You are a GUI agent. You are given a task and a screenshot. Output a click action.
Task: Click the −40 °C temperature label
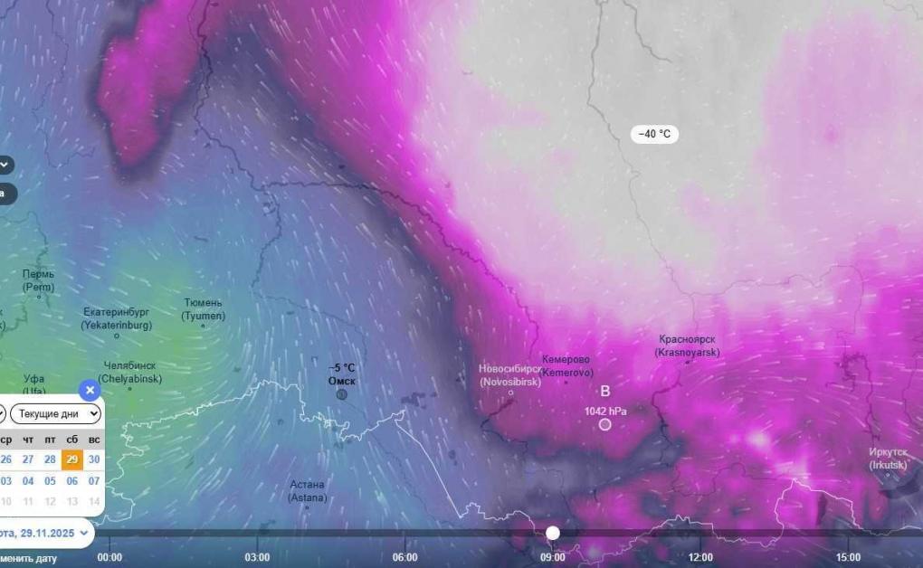click(654, 134)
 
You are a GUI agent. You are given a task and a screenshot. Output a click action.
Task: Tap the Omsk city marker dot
click(341, 394)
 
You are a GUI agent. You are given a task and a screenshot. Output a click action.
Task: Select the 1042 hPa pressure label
click(605, 411)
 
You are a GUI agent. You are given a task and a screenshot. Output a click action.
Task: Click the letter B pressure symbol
click(605, 391)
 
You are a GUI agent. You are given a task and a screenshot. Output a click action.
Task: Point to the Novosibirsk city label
click(510, 374)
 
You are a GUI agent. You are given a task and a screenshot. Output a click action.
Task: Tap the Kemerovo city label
click(566, 365)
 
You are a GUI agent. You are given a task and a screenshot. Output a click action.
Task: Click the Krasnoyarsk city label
click(687, 346)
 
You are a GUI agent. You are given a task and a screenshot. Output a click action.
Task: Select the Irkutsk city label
click(888, 458)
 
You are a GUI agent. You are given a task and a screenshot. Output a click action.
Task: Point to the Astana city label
click(308, 491)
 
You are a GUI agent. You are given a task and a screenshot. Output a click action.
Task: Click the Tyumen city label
click(203, 309)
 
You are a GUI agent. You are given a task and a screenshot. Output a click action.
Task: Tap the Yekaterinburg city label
click(116, 317)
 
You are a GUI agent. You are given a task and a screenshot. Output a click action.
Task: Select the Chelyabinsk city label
click(129, 372)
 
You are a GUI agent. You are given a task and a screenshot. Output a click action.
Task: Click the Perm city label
click(39, 280)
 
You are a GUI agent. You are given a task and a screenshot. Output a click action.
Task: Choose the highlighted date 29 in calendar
click(72, 459)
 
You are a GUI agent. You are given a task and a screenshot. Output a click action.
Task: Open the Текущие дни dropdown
click(56, 414)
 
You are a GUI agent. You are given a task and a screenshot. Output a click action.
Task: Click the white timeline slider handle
click(553, 533)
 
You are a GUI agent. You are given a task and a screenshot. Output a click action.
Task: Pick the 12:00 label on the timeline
click(700, 557)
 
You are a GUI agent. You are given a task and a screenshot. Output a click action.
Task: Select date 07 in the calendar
click(94, 481)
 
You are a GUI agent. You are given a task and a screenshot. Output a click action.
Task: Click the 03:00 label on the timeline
click(257, 557)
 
